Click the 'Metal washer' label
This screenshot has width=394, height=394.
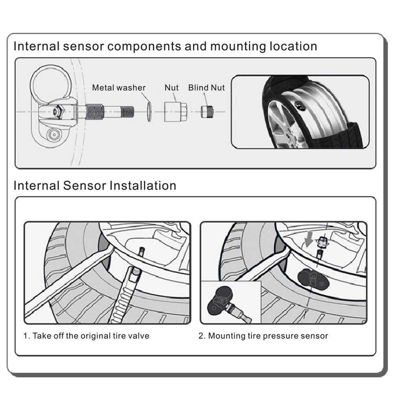point(119,87)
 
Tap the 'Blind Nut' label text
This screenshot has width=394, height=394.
point(206,87)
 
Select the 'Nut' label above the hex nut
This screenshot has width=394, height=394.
point(171,87)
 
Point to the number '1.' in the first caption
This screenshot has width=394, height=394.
point(26,336)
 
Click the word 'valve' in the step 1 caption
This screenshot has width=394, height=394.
point(140,336)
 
